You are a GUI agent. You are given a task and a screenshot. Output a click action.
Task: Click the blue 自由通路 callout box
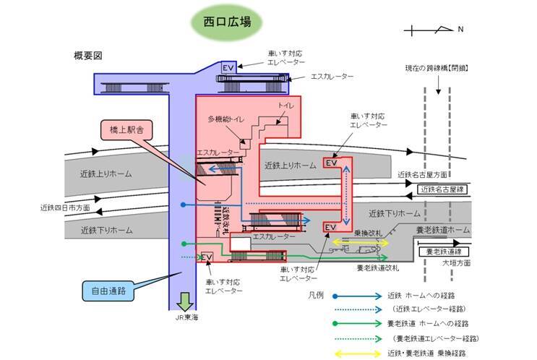click(x=108, y=292)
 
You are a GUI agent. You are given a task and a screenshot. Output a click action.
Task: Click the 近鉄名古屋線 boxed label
click(x=442, y=189)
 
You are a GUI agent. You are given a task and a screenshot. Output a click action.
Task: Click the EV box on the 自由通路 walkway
click(x=206, y=257)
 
